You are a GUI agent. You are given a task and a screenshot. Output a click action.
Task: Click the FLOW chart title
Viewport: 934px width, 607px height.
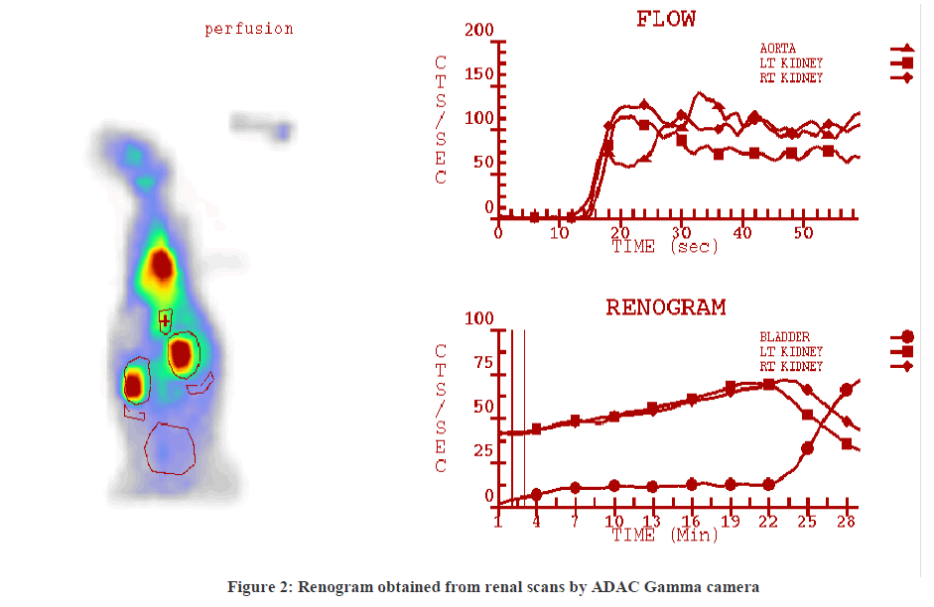(665, 18)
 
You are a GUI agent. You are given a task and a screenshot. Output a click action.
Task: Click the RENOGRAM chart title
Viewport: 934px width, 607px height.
(665, 306)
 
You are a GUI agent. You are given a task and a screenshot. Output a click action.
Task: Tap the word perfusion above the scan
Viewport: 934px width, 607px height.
(249, 29)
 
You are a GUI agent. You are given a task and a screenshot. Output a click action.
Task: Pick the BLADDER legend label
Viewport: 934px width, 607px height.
(785, 336)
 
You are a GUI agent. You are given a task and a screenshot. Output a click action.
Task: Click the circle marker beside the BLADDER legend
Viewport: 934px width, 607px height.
(907, 337)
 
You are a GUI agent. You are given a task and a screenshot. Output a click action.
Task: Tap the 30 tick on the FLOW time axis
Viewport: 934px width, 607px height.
(681, 231)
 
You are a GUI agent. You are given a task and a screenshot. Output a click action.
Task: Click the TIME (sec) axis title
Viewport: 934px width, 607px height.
(664, 246)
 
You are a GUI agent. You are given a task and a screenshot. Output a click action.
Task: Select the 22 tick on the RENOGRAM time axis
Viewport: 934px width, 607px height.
(767, 521)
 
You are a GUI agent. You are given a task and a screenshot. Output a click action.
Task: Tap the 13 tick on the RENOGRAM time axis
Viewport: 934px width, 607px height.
(651, 521)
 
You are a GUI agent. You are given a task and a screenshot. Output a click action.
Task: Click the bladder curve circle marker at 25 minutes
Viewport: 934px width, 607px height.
(808, 448)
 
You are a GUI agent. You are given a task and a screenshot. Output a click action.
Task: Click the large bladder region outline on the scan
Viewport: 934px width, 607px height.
(171, 447)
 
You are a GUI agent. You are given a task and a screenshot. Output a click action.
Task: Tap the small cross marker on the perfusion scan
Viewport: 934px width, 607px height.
(165, 320)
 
